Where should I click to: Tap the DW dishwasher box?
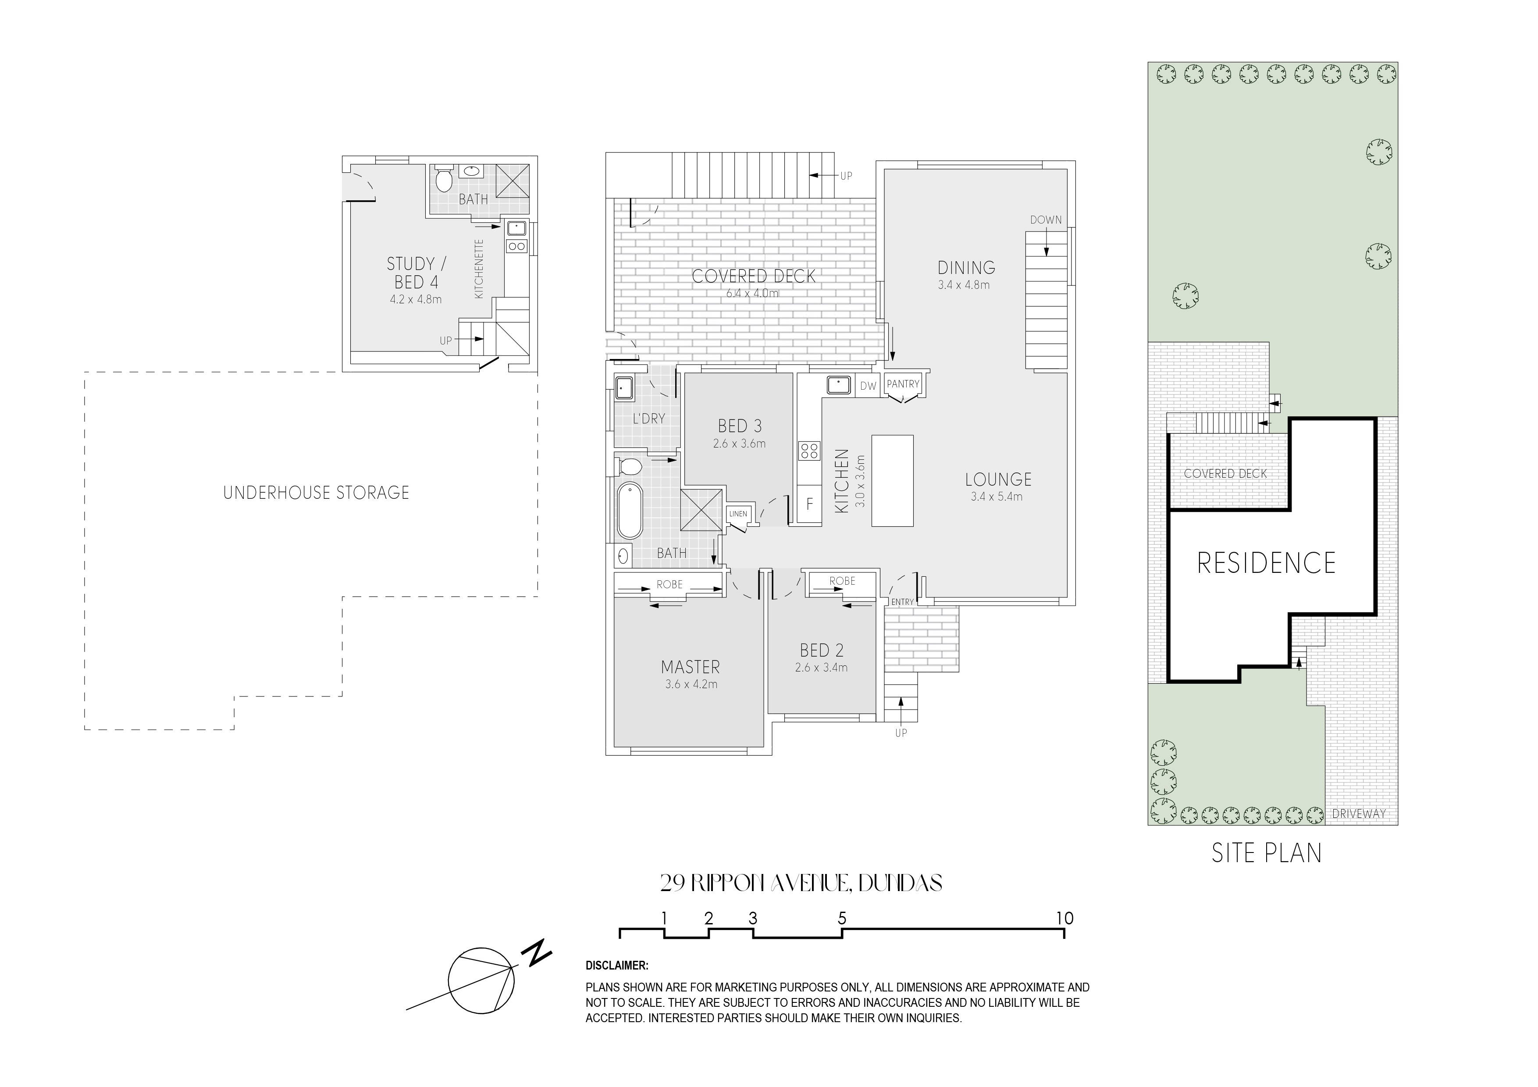pos(868,386)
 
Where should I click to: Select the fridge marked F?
pos(809,504)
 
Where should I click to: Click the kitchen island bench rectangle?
pos(892,480)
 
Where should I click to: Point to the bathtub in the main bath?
pos(630,510)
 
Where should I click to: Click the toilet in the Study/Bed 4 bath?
pos(443,178)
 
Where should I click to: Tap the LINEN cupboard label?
pos(737,514)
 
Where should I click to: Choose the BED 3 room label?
pos(740,426)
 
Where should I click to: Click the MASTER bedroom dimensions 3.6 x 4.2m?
pos(691,685)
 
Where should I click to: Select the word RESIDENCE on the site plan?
pos(1266,563)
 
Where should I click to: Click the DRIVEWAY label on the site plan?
pos(1359,814)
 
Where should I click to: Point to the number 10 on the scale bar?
pos(1064,918)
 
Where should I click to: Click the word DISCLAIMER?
pos(617,966)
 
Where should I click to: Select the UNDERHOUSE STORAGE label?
pos(316,493)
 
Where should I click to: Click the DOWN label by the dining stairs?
pos(1046,220)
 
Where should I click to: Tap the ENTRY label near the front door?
pos(902,602)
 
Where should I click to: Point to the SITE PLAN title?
pos(1267,853)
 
